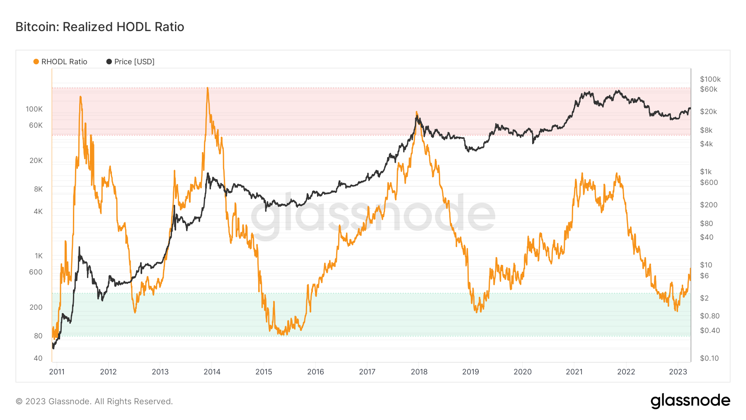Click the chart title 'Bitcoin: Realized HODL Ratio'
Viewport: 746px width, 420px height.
tap(100, 27)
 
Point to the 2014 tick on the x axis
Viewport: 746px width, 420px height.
tap(212, 371)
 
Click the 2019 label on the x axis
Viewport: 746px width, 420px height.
tap(470, 371)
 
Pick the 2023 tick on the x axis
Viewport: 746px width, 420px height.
tap(678, 371)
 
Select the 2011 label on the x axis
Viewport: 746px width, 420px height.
tap(57, 371)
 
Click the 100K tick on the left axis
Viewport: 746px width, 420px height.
tap(34, 109)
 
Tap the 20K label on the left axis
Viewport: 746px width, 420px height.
tap(36, 160)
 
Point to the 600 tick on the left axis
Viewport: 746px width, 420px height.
tap(36, 272)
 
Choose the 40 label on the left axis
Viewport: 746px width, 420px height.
tap(38, 358)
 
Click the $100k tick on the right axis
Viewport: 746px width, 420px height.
tap(710, 79)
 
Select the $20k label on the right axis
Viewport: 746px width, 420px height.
tap(708, 112)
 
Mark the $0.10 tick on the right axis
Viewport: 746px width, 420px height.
tap(709, 358)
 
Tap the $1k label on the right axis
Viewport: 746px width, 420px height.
tap(705, 172)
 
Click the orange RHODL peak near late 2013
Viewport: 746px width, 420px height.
tap(207, 88)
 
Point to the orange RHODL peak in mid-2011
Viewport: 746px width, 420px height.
tap(80, 97)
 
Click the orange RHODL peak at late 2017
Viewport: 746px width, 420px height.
tap(417, 112)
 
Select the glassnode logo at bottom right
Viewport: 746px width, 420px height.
tap(690, 401)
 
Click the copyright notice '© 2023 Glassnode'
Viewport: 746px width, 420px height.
tap(94, 401)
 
